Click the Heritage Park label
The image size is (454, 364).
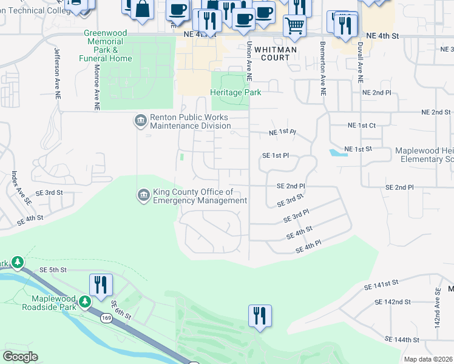pyautogui.click(x=235, y=92)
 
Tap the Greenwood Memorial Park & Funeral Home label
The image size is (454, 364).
pyautogui.click(x=105, y=46)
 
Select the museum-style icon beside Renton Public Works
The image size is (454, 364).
pyautogui.click(x=141, y=121)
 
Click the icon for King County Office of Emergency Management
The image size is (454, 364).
pyautogui.click(x=143, y=195)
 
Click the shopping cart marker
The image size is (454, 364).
pyautogui.click(x=294, y=25)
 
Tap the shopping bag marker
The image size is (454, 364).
pyautogui.click(x=142, y=10)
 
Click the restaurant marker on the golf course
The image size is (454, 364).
pyautogui.click(x=260, y=315)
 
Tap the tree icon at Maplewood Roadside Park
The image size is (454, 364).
pyautogui.click(x=85, y=301)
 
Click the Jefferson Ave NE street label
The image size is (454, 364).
pyautogui.click(x=57, y=70)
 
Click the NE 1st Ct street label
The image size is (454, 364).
pyautogui.click(x=362, y=125)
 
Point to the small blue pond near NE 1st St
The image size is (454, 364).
pyautogui.click(x=338, y=152)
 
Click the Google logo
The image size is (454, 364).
pyautogui.click(x=20, y=356)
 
